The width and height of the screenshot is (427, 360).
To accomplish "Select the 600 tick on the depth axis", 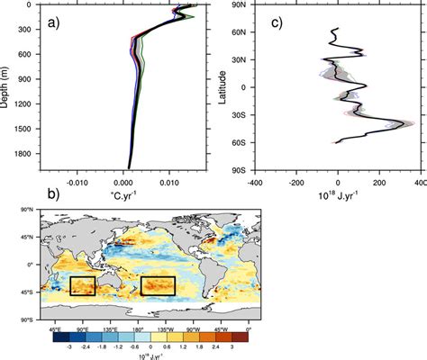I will click(27, 58).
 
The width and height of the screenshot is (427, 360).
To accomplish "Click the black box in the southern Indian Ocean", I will click(82, 286).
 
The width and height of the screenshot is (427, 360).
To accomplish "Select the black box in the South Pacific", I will click(157, 285).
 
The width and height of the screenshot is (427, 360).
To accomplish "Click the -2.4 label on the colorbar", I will click(88, 346).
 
